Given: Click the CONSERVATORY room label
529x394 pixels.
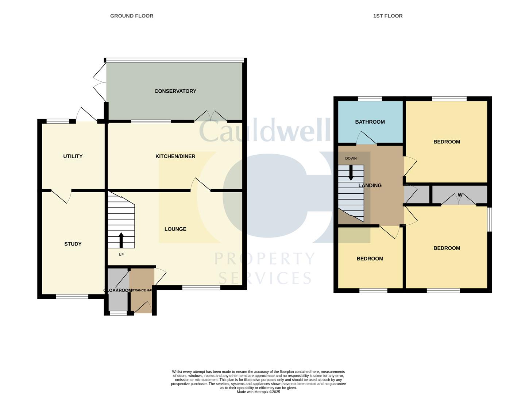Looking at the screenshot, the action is click(175, 91).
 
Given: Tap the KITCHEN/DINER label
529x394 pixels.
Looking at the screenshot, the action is click(175, 157).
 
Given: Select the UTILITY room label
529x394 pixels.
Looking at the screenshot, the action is click(73, 157).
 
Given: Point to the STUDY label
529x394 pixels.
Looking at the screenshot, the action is click(73, 244).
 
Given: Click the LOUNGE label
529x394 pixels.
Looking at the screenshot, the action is click(175, 229).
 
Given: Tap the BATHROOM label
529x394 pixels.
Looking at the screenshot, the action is click(370, 122).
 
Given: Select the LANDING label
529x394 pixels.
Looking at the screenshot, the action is click(370, 185).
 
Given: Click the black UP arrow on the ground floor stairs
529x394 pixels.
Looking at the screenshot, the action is click(121, 240).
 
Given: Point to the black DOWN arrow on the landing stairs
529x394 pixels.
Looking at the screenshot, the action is click(351, 173).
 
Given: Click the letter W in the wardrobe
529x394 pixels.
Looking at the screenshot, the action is click(460, 195).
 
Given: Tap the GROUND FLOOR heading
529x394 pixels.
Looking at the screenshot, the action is click(132, 16).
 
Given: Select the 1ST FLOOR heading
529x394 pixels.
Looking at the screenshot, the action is click(388, 16).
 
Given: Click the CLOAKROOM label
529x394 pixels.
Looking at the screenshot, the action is click(117, 290).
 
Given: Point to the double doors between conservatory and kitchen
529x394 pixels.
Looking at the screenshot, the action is click(211, 116).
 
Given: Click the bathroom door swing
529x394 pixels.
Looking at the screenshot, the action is click(366, 138).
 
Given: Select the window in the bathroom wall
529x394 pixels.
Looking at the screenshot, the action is click(370, 98).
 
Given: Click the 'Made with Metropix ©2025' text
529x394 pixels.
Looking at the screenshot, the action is click(258, 392).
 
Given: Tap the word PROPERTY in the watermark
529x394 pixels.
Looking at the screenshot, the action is click(264, 259).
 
